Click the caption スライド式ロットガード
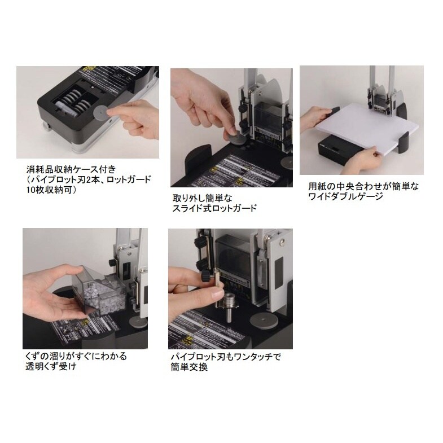tap(214, 209)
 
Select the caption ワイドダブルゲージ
tap(346, 196)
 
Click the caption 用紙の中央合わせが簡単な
tap(361, 186)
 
